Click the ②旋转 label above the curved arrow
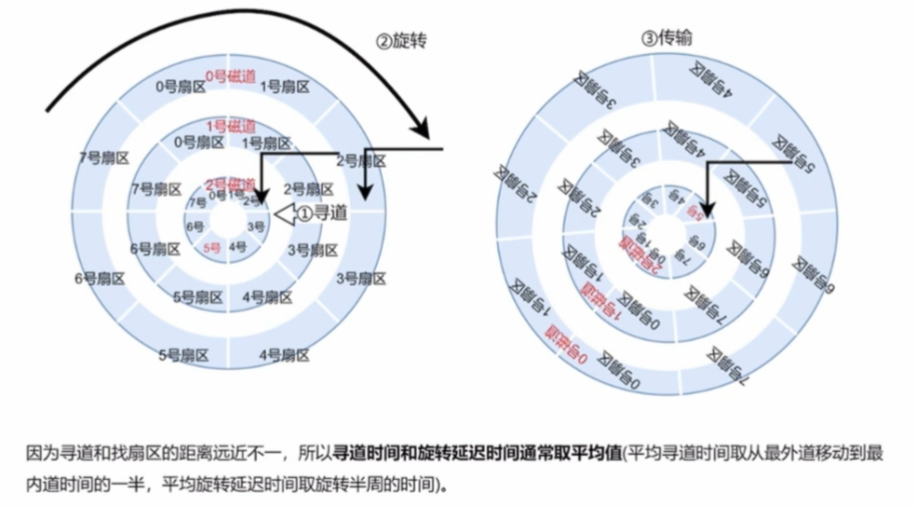[x=400, y=41]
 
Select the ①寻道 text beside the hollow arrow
[x=322, y=213]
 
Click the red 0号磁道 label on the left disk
[x=230, y=75]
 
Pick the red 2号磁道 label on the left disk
[x=229, y=183]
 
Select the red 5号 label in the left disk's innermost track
[x=212, y=248]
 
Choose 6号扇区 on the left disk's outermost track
[x=99, y=278]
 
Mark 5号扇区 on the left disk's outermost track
[x=182, y=354]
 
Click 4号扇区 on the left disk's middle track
[x=267, y=297]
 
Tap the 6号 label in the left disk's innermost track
[x=195, y=226]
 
